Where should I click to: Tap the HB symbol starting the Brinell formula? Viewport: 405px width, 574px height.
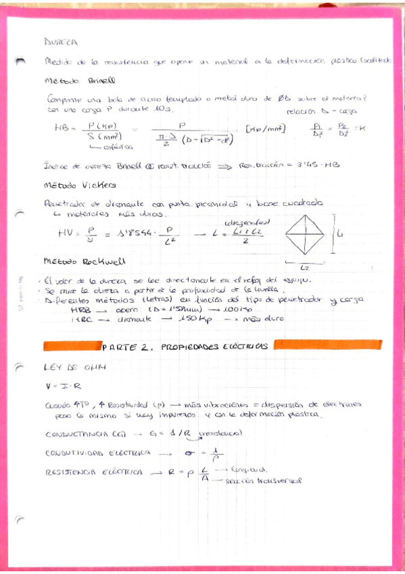pyautogui.click(x=62, y=127)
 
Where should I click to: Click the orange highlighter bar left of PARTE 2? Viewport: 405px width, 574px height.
pyautogui.click(x=72, y=346)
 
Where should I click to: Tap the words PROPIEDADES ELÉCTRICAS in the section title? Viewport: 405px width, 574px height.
pyautogui.click(x=214, y=346)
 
